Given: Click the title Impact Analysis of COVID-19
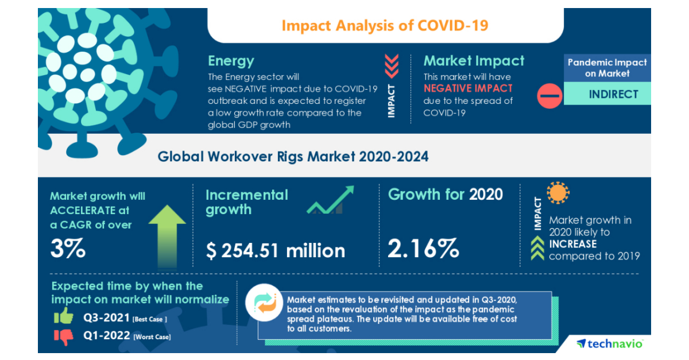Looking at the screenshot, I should click(385, 26).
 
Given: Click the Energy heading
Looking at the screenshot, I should click(231, 61).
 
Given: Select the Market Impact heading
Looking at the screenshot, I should click(474, 61).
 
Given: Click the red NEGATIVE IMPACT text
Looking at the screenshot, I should click(468, 88).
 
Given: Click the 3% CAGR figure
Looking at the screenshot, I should click(68, 249).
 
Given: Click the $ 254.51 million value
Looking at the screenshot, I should click(275, 250).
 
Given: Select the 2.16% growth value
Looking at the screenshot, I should click(423, 249).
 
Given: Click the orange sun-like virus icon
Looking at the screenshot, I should click(558, 193).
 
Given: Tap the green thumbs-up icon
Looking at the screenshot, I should click(63, 316).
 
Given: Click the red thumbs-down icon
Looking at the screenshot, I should click(64, 336).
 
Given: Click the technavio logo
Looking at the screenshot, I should click(610, 343).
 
